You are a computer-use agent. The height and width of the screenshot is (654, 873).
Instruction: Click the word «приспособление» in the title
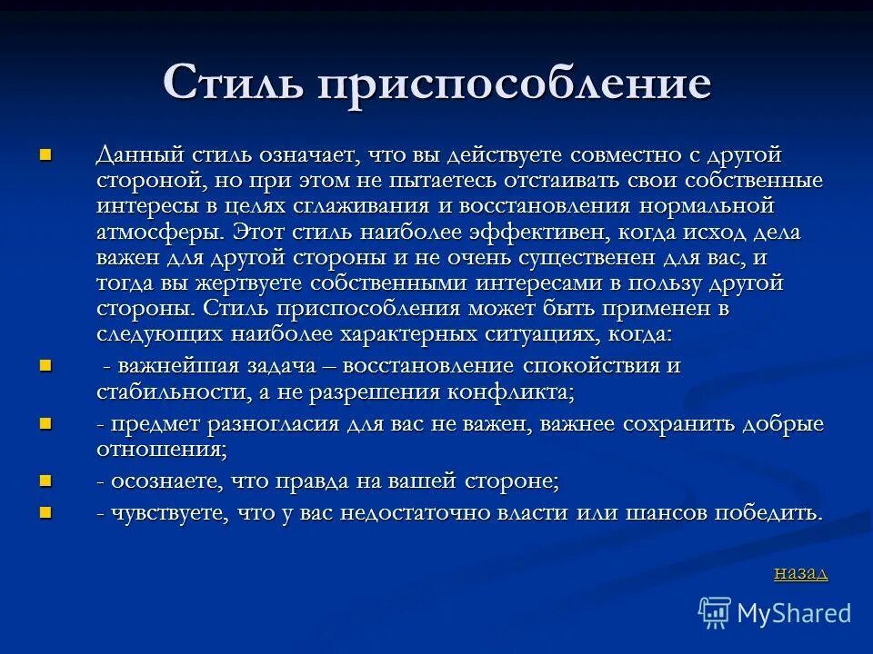coord(514,84)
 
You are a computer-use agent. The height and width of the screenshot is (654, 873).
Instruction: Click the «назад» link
coord(800,572)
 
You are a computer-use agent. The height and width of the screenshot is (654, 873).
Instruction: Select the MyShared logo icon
coord(716,613)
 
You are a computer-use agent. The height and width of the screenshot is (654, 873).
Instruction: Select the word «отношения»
coord(158,450)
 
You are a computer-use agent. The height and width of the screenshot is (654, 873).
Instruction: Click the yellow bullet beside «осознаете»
coord(45,480)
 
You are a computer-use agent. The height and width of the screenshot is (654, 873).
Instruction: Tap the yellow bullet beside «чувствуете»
coord(45,511)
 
